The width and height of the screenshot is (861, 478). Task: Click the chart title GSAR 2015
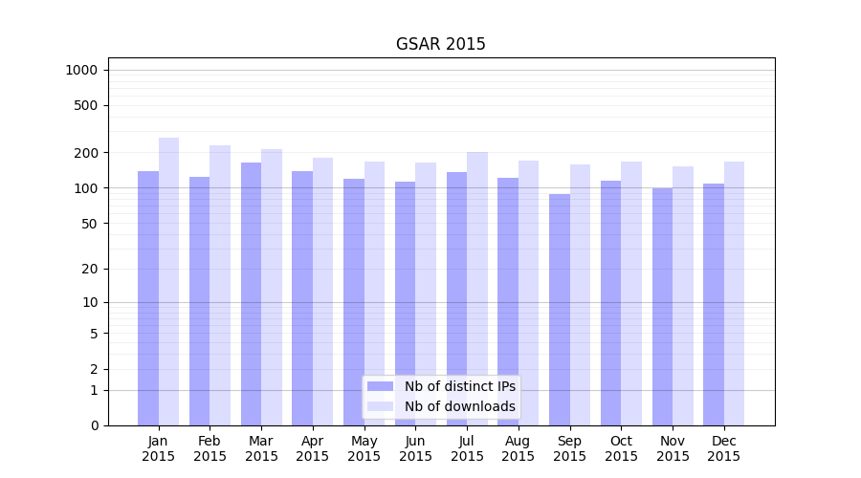coord(440,45)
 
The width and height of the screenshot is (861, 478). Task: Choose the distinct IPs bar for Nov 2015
coord(662,307)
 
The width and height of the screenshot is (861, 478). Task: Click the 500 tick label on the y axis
coord(86,105)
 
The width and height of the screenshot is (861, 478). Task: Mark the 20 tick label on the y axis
coord(90,269)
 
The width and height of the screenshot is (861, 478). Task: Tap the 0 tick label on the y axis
coord(94,425)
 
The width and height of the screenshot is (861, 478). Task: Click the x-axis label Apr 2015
coord(313,448)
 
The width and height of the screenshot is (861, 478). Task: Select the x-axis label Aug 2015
coord(519,448)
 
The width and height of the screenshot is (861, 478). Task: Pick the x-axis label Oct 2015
coord(621,448)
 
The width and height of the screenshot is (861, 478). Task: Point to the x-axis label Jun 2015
coord(415,448)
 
